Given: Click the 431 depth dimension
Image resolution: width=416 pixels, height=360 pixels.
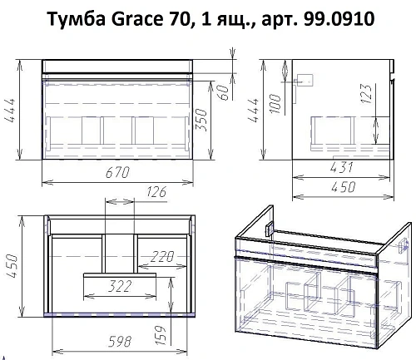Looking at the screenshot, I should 341,168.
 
